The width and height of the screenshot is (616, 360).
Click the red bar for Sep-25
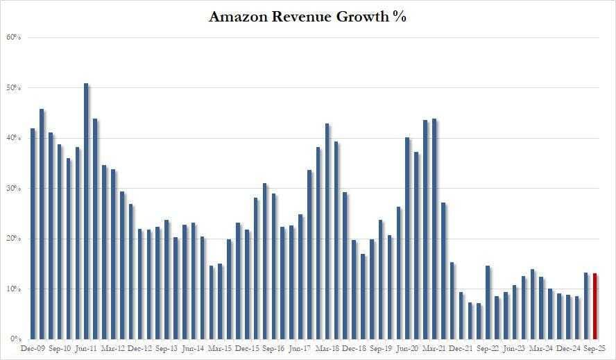(x=594, y=306)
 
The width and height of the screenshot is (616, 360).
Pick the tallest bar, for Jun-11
(x=86, y=211)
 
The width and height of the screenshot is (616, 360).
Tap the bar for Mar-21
(x=434, y=229)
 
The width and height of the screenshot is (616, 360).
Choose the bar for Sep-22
(x=488, y=302)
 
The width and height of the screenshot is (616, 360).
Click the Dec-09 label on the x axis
(x=33, y=349)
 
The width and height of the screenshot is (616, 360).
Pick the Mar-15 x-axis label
(x=220, y=349)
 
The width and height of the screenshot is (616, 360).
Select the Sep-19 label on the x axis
(x=381, y=349)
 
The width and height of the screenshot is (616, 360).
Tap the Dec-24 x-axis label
(x=568, y=349)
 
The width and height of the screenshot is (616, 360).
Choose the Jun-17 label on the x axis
(x=300, y=349)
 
